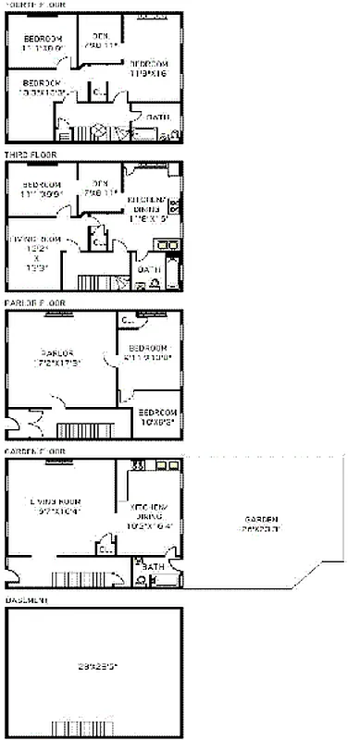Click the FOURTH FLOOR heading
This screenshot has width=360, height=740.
click(x=35, y=6)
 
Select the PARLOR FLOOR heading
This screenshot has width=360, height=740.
click(x=35, y=302)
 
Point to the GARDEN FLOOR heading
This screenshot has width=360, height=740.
click(x=35, y=450)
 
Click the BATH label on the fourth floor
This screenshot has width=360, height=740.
click(x=157, y=117)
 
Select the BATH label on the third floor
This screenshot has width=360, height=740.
click(x=149, y=269)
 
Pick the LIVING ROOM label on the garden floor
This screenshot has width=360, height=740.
click(x=57, y=505)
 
